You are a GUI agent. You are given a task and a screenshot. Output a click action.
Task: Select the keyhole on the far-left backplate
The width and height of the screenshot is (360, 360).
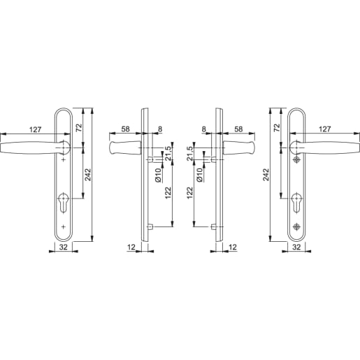(x=64, y=206)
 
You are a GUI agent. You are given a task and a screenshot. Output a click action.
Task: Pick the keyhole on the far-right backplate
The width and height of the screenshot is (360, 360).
(x=296, y=206)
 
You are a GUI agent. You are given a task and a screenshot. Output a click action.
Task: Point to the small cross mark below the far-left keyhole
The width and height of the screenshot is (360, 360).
(x=64, y=227)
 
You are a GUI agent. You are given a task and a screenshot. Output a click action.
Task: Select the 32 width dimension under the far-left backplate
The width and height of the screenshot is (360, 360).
(x=64, y=247)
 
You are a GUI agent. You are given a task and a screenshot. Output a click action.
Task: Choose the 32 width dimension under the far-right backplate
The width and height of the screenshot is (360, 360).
(x=296, y=247)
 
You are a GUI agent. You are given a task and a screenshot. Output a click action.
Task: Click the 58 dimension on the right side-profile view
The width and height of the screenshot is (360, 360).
(x=238, y=129)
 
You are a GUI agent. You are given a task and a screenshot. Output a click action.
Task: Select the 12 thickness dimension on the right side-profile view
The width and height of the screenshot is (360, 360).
(x=232, y=247)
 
